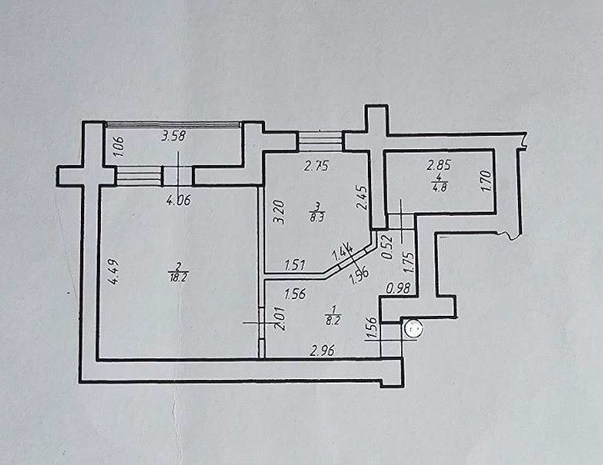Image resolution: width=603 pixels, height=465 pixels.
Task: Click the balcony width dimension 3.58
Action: coord(174,136)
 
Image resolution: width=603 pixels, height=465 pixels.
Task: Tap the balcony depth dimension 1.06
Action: coord(119,147)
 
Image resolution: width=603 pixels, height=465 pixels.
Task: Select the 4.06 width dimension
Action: coord(178,200)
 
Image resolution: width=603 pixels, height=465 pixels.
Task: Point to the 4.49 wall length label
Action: coord(113,272)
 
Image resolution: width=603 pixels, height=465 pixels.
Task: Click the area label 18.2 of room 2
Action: coord(178,277)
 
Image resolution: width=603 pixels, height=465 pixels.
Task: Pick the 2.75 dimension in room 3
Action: coord(316,166)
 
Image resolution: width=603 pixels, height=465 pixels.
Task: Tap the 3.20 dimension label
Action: coord(279,212)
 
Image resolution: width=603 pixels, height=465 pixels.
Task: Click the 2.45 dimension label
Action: coord(362,197)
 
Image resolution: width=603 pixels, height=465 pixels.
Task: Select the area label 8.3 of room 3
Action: coord(317,219)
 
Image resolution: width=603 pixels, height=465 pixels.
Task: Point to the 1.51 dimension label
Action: coord(294,265)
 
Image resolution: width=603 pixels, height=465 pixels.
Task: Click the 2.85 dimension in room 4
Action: coord(439,166)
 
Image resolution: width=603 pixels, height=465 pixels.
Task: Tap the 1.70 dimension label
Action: coord(486,181)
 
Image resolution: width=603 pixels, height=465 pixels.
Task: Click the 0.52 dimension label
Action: coord(389,247)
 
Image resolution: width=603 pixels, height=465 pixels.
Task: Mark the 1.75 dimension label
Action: coord(410,262)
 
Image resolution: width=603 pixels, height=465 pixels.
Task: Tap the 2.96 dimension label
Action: coord(323,350)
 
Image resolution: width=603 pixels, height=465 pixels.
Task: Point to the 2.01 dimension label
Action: coord(281,318)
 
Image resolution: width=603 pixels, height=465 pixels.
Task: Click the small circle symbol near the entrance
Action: coord(413,329)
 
